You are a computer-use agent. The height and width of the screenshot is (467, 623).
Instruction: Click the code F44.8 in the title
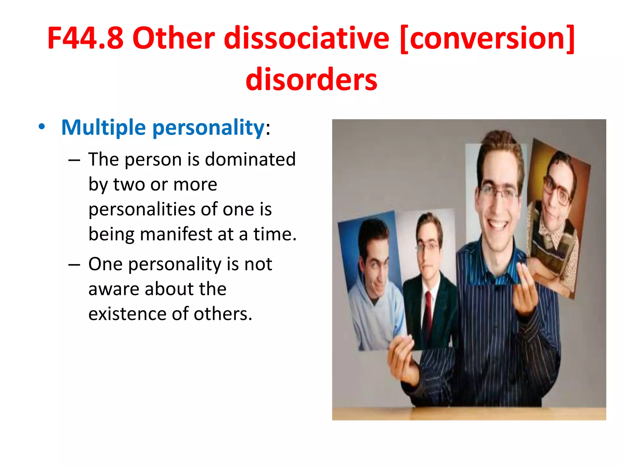85,38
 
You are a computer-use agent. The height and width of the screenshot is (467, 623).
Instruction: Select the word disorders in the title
311,79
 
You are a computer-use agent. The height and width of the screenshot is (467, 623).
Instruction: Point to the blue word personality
209,128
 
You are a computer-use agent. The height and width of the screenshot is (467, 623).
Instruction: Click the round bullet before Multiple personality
42,126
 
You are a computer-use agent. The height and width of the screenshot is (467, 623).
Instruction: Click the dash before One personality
74,265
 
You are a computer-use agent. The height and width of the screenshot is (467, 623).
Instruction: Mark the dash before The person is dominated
74,160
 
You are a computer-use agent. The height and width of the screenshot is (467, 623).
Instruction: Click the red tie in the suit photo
429,313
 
